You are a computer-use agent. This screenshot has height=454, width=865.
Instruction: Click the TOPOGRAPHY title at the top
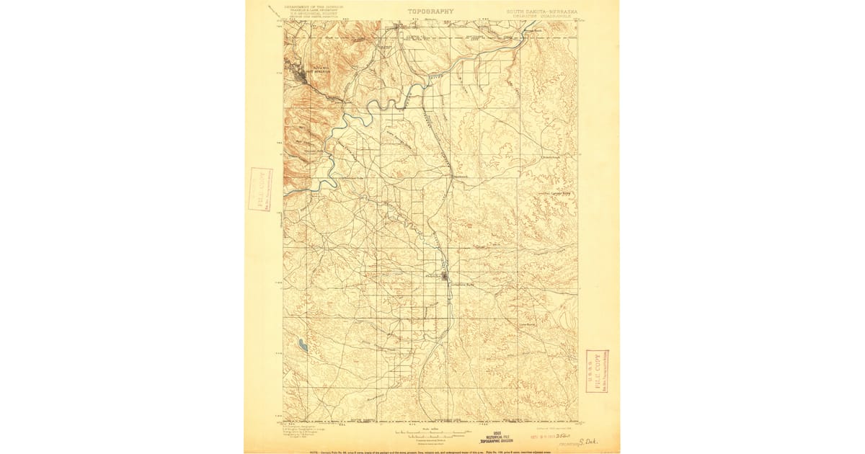431,12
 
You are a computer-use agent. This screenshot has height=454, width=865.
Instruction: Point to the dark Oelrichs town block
445,275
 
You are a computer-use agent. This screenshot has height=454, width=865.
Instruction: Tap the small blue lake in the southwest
303,347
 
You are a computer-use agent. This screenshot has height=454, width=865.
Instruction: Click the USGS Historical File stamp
497,437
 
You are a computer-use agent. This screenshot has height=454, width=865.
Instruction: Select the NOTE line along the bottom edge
432,450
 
